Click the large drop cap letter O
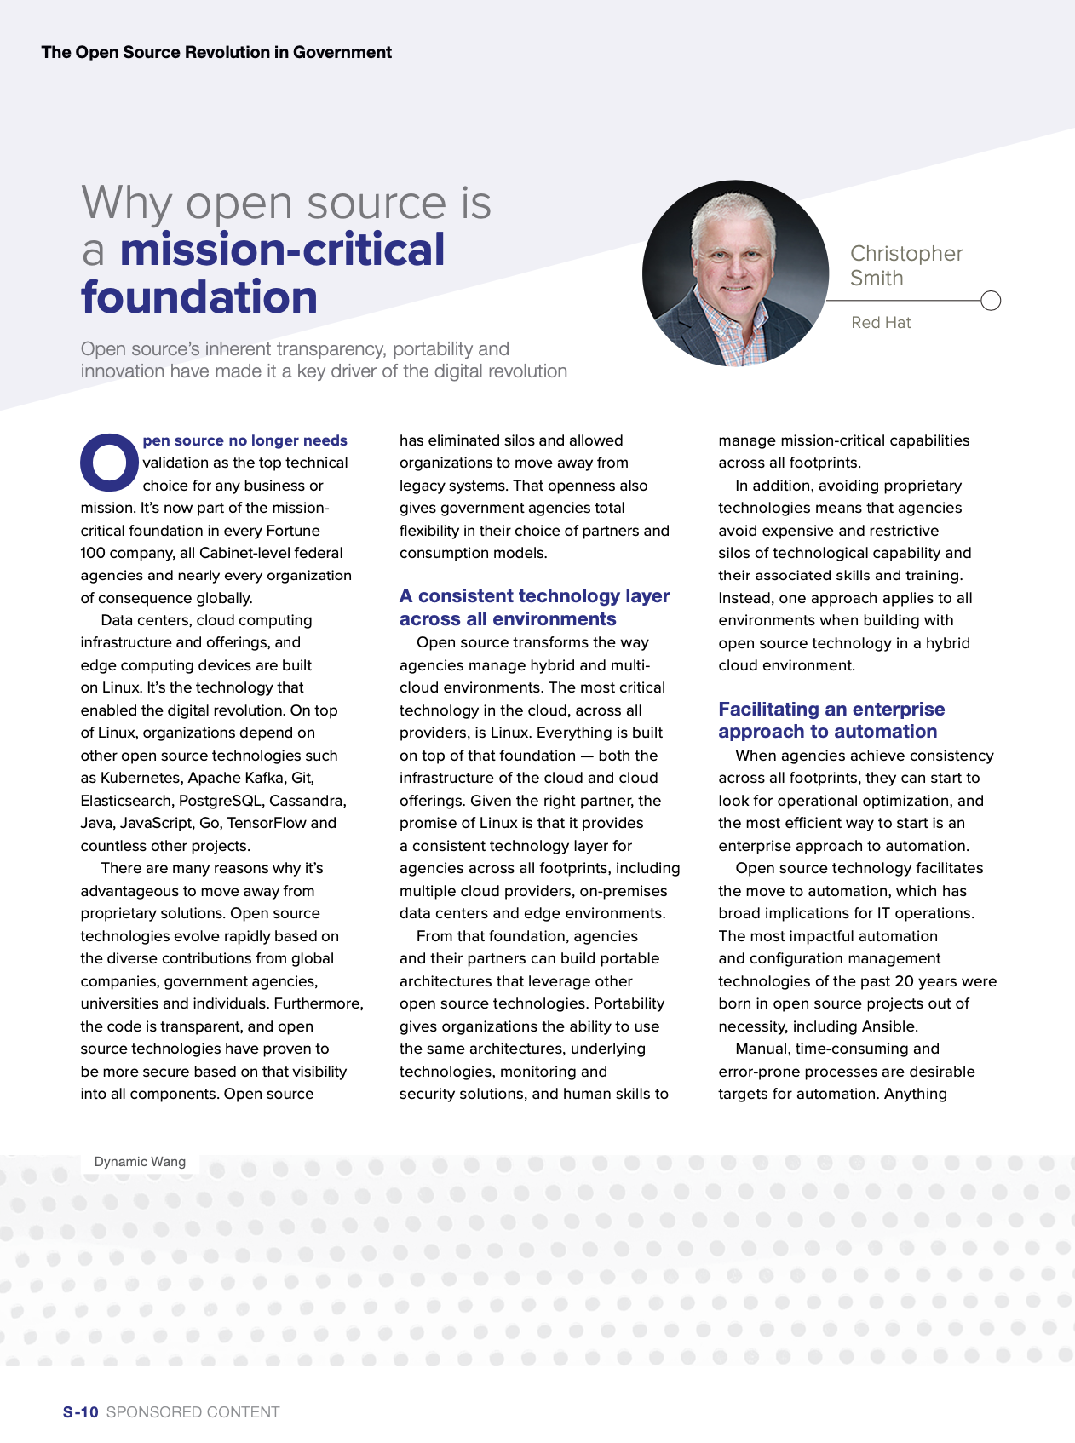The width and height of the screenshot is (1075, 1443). click(x=109, y=463)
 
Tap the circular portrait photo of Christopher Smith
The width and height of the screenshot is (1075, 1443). click(x=735, y=273)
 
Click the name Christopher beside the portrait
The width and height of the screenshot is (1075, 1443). click(x=906, y=254)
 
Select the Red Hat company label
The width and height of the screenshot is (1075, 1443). click(x=881, y=323)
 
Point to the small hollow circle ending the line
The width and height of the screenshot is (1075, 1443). click(x=991, y=301)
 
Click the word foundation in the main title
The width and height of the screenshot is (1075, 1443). click(x=199, y=297)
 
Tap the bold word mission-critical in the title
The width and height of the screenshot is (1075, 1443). click(x=282, y=250)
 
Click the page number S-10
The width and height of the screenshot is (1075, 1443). click(x=81, y=1412)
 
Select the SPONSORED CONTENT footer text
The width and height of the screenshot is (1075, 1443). click(x=193, y=1412)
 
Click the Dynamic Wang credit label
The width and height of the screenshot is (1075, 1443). click(x=140, y=1162)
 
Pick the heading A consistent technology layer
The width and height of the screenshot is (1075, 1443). click(x=534, y=596)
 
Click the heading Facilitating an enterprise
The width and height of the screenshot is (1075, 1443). click(x=831, y=710)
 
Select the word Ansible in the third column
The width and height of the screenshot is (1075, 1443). click(x=890, y=1026)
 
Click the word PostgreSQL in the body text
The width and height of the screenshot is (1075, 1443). click(x=220, y=801)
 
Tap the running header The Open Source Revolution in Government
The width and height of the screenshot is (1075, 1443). click(x=216, y=52)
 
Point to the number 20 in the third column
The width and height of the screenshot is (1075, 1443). click(x=905, y=981)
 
